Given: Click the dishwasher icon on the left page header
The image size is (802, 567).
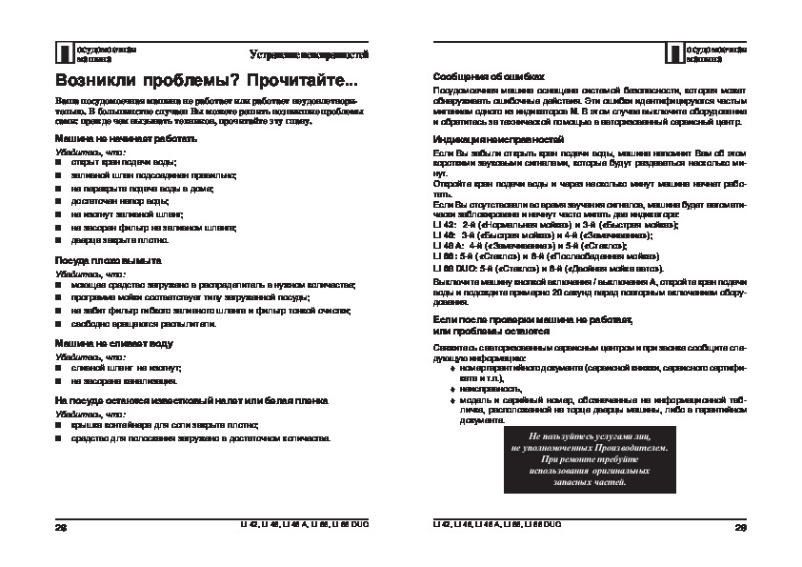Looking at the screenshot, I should click(63, 52).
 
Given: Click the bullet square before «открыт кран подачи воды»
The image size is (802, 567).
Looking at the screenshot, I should click(59, 164).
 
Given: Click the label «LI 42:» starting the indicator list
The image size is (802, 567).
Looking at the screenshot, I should click(444, 223).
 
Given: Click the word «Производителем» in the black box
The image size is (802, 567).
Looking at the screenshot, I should click(619, 448).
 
